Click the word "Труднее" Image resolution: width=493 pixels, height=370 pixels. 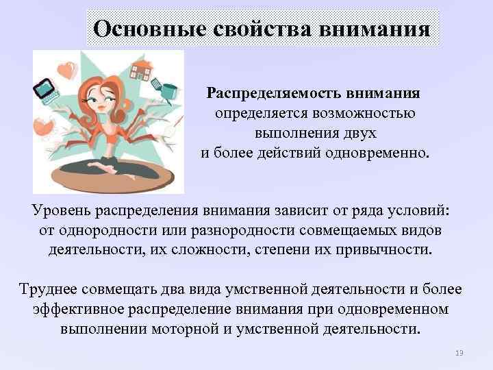pyautogui.click(x=44, y=291)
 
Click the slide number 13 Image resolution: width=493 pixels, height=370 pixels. pyautogui.click(x=459, y=353)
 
